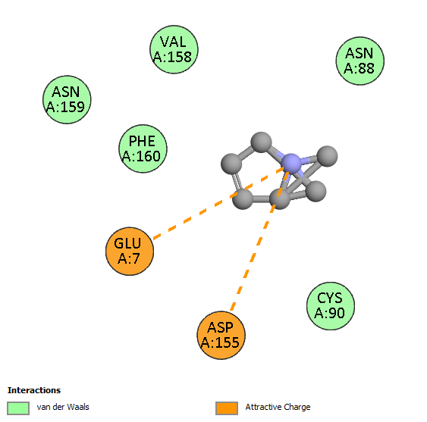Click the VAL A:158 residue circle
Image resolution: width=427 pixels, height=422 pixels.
click(x=174, y=49)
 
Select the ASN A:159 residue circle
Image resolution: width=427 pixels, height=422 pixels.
click(x=67, y=99)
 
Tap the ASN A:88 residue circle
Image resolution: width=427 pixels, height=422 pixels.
click(x=360, y=61)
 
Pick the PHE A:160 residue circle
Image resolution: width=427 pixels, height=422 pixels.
click(x=143, y=148)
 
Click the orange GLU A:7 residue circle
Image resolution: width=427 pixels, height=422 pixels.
click(x=130, y=251)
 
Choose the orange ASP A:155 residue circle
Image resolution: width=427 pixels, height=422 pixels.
click(x=221, y=335)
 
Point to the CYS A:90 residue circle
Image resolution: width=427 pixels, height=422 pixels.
click(x=331, y=306)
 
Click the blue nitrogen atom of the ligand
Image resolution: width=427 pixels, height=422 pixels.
click(x=290, y=163)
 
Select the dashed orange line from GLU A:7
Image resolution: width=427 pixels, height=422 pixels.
click(x=219, y=204)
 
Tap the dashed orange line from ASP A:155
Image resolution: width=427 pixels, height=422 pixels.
click(x=259, y=241)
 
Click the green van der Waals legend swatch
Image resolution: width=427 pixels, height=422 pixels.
click(x=18, y=408)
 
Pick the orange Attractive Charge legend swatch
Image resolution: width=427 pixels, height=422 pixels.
click(x=227, y=408)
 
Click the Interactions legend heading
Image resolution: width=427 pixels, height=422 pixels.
click(x=34, y=390)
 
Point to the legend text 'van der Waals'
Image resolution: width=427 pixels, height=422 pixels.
click(x=63, y=407)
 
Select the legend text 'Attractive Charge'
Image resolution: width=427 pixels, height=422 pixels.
click(x=278, y=407)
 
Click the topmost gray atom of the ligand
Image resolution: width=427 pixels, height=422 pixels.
click(x=261, y=142)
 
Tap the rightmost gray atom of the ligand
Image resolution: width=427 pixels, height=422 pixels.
click(x=328, y=156)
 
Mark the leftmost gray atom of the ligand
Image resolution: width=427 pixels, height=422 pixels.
click(x=231, y=164)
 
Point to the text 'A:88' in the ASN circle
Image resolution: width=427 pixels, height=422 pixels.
click(x=359, y=68)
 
